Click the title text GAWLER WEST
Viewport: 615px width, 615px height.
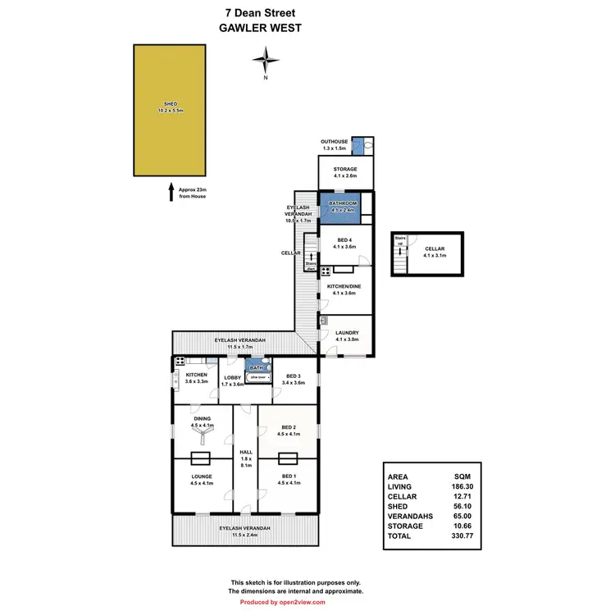click(x=261, y=27)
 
